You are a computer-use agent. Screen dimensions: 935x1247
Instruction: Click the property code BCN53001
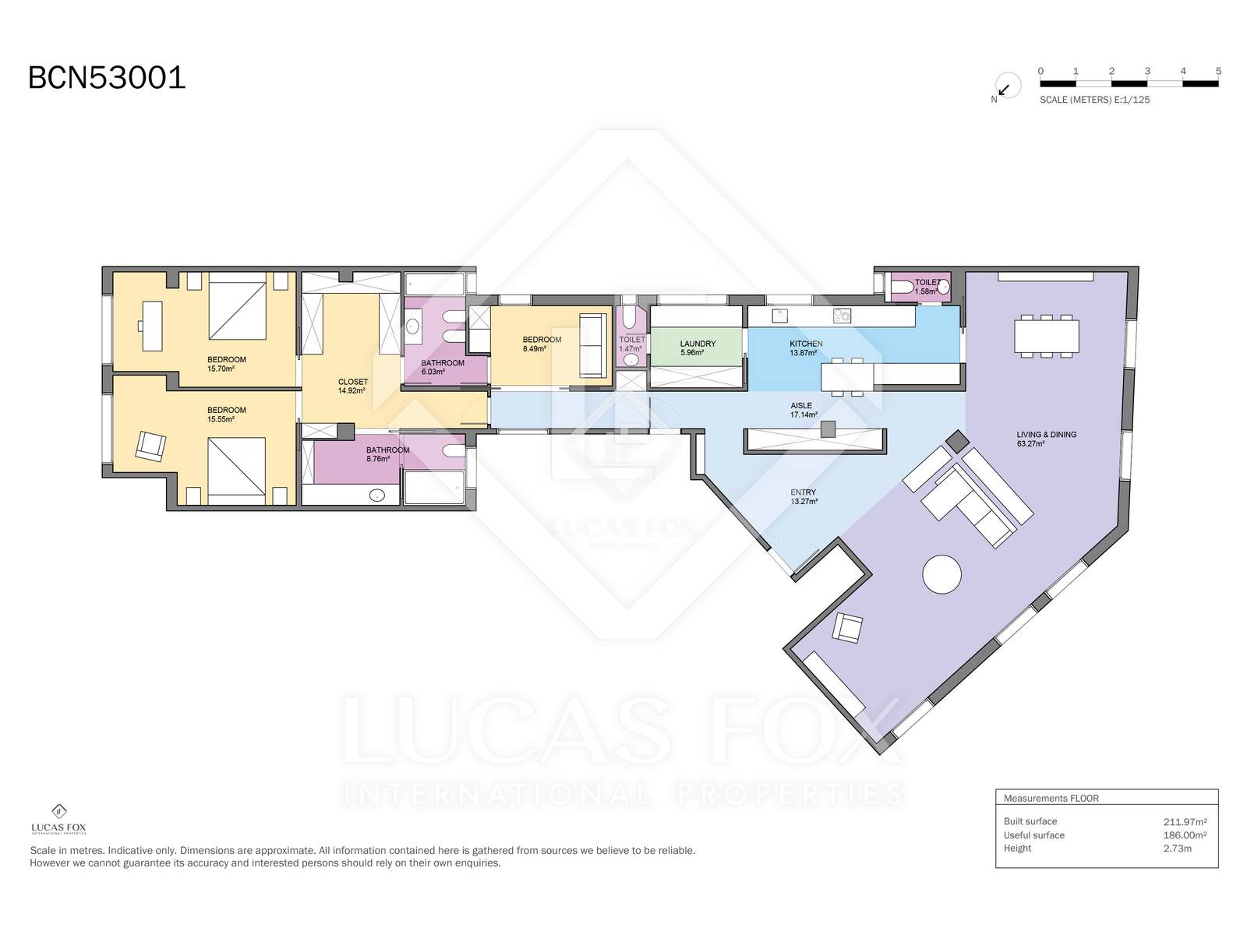107,78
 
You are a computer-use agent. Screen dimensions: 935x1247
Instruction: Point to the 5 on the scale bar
1218,71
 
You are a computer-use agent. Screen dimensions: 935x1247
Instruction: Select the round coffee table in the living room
941,574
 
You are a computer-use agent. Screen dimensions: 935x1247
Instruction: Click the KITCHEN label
805,348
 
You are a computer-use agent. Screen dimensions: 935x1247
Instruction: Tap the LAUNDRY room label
697,348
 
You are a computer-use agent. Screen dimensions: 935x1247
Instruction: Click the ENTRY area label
803,496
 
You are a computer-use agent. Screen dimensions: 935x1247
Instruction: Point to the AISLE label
802,410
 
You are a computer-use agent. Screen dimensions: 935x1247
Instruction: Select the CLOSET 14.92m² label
352,386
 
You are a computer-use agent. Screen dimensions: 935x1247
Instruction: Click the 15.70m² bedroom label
226,364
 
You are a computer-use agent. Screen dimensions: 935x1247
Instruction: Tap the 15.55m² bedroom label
226,415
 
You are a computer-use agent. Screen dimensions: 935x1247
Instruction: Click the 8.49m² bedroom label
541,344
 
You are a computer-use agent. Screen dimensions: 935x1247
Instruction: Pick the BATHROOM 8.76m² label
387,454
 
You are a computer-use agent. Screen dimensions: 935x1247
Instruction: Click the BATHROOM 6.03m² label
442,367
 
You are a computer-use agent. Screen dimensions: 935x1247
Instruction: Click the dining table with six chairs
1046,337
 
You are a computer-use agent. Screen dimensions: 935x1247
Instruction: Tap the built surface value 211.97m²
1185,821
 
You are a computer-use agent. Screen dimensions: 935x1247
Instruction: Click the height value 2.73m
1177,849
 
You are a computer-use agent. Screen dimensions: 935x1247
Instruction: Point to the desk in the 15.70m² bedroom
152,325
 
